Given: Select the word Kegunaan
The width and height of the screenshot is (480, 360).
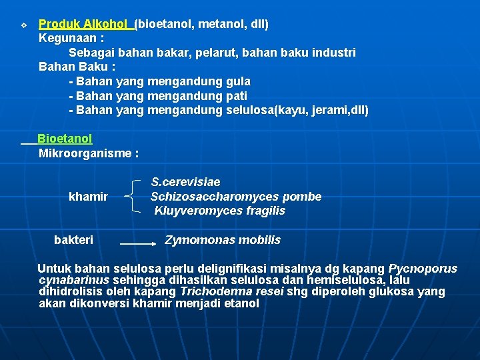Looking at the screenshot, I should [66, 38].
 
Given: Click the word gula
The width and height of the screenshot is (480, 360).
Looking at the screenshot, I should [239, 81].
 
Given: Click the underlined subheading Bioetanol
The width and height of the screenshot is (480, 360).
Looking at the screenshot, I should [65, 139].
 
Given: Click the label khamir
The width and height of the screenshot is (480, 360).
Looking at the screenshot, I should [88, 197].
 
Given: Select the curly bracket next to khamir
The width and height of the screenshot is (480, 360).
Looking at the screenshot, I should [134, 197].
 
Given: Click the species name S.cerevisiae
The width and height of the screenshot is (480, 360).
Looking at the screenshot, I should [185, 182].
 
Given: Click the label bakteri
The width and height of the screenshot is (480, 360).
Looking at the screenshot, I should [73, 239].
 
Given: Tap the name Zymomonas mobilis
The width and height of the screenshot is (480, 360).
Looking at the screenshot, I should [223, 239].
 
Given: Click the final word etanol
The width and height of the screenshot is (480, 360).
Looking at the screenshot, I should [242, 303].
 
